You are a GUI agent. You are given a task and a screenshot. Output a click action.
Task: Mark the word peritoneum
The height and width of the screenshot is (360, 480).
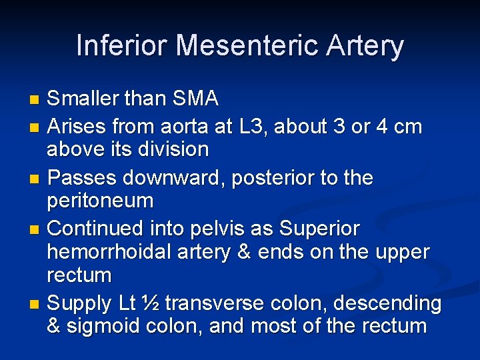pos(100,201)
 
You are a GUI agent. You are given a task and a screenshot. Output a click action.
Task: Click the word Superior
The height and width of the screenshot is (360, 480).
pos(319,229)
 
